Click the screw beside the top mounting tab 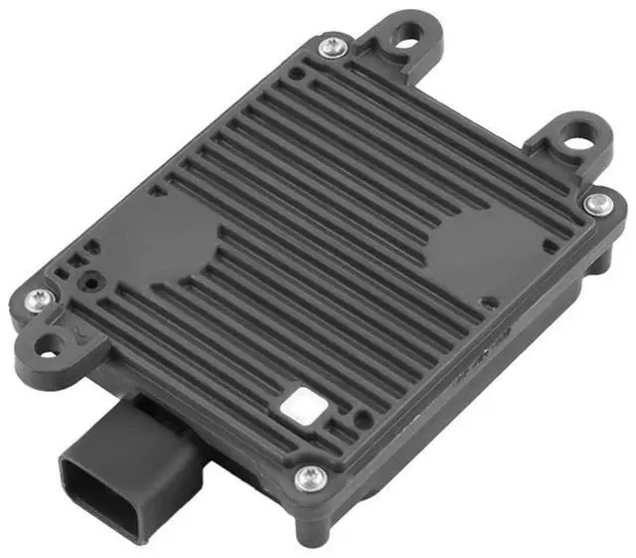point(333,45)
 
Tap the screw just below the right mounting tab point(597,204)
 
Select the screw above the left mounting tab point(38,298)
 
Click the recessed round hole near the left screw point(91,281)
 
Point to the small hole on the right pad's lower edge point(486,299)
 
